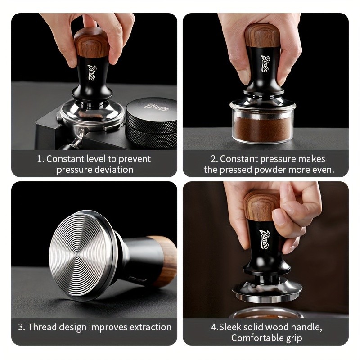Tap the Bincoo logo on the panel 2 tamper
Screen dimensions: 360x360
tap(268, 62)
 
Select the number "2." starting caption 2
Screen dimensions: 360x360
tap(214, 159)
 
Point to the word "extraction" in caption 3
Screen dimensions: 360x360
tap(148, 327)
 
